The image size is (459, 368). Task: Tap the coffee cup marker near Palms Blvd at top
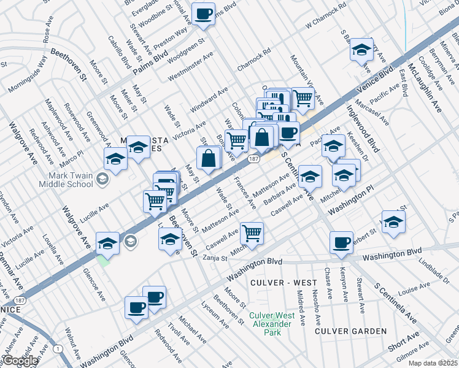pos(204,13)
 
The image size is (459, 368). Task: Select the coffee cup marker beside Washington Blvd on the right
pos(341,242)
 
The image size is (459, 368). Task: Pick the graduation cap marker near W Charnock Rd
pos(362,49)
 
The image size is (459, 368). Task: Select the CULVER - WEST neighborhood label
pos(283,283)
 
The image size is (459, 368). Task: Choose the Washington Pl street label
pos(351,203)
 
